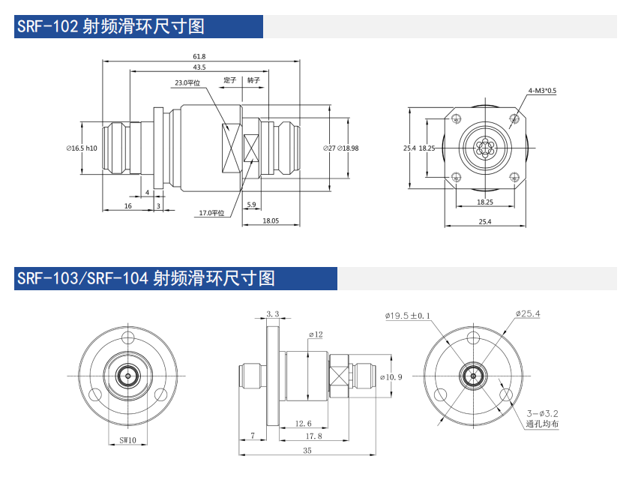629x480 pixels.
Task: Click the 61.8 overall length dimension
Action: (199, 56)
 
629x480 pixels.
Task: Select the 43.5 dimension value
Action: (199, 68)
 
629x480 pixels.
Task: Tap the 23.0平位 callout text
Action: (187, 82)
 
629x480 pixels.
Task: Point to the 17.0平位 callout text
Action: (211, 213)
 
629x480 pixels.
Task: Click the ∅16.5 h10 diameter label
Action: (82, 148)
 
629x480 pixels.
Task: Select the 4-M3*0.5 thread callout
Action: (542, 91)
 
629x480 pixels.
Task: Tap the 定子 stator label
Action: (230, 79)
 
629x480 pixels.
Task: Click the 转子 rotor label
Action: (253, 79)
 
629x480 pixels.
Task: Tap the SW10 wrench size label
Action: (127, 440)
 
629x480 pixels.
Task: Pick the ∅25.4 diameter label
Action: (527, 313)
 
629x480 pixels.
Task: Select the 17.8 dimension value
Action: (314, 436)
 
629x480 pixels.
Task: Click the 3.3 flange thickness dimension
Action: (272, 314)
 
